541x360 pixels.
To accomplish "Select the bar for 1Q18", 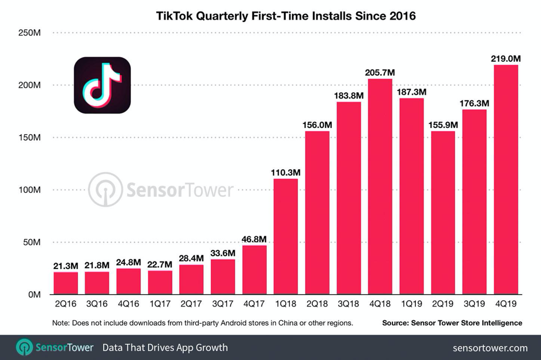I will (x=286, y=237).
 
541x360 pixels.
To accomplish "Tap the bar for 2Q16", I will (x=66, y=283).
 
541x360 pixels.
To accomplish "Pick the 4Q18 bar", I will (x=380, y=187).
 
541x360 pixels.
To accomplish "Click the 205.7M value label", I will (x=380, y=73).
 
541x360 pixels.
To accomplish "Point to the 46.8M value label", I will (x=254, y=239).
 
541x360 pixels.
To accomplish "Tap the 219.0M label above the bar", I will (x=506, y=59).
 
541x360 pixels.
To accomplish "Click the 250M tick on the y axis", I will (x=29, y=33).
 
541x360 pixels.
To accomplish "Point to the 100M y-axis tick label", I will (x=29, y=190).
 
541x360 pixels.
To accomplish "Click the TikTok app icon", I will (x=102, y=85).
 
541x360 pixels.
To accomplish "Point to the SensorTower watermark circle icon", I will (x=105, y=190).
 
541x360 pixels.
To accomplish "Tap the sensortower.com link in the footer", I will (x=490, y=348).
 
